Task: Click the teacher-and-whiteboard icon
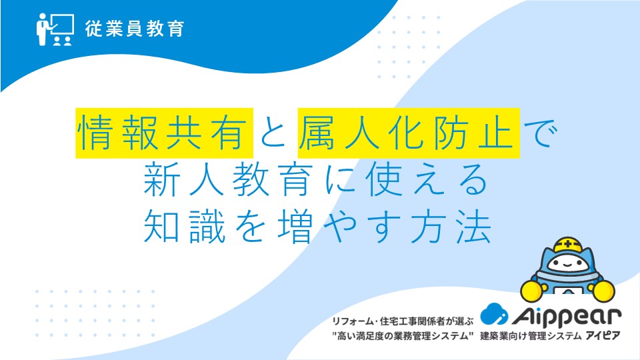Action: (x=55, y=29)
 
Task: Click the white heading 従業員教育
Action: (x=135, y=29)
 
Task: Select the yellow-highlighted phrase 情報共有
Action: (x=164, y=133)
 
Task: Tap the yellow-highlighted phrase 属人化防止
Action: (x=409, y=133)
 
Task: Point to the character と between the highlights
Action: (x=274, y=133)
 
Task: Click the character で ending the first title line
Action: (x=539, y=133)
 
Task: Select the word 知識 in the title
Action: (x=185, y=227)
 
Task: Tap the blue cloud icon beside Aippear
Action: (x=494, y=314)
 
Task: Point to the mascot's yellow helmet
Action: (x=568, y=245)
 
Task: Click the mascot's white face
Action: (x=568, y=264)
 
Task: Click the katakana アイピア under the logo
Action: (x=603, y=336)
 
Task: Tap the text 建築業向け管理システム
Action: (x=530, y=336)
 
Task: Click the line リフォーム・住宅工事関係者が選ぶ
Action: (x=403, y=321)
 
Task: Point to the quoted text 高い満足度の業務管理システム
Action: (x=403, y=336)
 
